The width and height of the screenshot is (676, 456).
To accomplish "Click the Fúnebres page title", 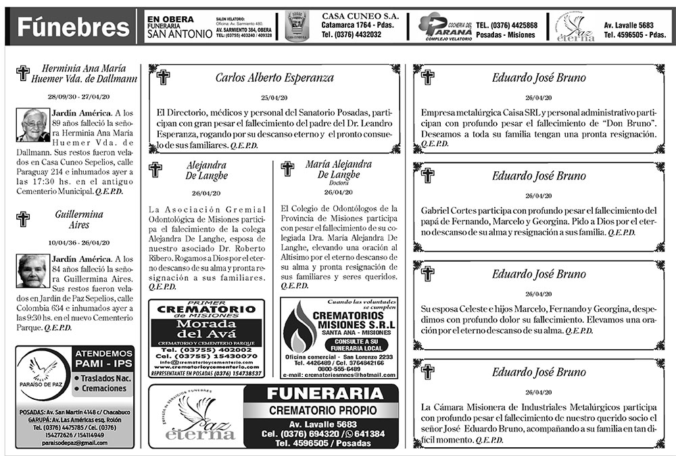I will tap(72, 27).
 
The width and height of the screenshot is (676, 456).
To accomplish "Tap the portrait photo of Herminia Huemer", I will tap(33, 124).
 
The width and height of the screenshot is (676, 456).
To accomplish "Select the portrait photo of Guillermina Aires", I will tap(33, 271).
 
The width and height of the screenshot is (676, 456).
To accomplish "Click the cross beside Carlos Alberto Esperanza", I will tap(163, 77).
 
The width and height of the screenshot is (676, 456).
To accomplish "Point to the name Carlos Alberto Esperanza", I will tap(274, 78).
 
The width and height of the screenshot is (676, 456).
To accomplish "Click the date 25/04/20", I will tap(274, 97).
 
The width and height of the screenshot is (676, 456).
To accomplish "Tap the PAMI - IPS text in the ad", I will tap(103, 365).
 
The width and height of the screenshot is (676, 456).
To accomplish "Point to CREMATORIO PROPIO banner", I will tap(320, 411).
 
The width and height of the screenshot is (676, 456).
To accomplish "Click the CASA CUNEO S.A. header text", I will tap(360, 16).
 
